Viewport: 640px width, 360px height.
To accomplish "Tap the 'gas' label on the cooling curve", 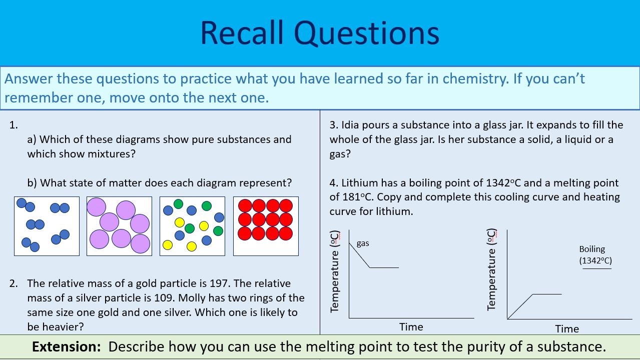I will (363, 243).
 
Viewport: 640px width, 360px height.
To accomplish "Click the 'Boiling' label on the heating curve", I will (592, 249).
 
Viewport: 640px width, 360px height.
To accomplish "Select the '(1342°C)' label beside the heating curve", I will (595, 260).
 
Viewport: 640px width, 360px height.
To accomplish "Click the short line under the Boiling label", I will (597, 268).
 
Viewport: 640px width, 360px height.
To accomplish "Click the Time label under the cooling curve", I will (411, 327).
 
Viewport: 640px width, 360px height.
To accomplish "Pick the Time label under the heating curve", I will (567, 329).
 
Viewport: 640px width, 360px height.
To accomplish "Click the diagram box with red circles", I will (266, 226).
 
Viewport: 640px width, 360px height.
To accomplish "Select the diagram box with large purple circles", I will (119, 226).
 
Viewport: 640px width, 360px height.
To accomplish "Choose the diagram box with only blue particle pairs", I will (47, 226).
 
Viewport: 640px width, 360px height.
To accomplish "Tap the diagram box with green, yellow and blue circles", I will (192, 226).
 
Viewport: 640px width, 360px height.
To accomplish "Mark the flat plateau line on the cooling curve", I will (384, 267).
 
